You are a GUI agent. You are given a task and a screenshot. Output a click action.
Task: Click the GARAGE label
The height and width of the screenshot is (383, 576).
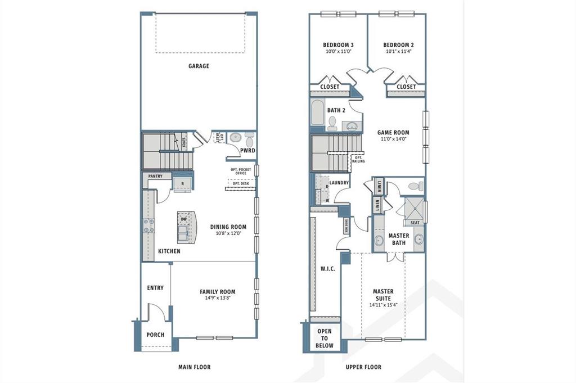pos(199,66)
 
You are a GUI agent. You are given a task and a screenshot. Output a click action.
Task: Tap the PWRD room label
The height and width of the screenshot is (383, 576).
pos(247,151)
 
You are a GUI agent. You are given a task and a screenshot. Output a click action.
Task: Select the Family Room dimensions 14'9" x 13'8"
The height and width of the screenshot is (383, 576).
pos(217,298)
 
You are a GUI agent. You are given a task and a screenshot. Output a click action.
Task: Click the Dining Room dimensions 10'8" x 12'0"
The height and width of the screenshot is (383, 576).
pos(228,233)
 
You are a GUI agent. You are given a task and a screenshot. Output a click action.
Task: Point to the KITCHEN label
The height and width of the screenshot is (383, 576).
pos(169,251)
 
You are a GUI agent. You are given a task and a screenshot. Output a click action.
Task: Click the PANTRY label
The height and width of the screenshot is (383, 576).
pos(155,176)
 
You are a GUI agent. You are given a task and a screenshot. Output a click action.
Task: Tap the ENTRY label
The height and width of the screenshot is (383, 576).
pos(155,288)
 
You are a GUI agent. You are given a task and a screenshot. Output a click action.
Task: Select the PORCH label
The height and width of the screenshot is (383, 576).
pos(155,335)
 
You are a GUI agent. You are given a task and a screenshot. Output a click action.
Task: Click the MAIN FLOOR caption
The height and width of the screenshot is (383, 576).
pos(194,367)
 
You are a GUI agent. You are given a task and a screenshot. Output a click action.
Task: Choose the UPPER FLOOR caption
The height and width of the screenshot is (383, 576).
pos(363,367)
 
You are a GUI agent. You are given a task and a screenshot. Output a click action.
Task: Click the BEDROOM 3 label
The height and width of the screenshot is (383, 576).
pos(338,45)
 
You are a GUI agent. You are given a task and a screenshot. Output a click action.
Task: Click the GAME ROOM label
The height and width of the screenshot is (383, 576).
pos(393,133)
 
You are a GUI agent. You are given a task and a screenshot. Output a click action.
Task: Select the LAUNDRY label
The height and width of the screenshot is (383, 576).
pos(339,183)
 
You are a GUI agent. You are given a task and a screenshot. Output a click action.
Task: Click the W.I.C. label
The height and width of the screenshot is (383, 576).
pos(327,269)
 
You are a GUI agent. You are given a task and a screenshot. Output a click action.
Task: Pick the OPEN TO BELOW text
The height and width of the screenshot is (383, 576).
pos(325,338)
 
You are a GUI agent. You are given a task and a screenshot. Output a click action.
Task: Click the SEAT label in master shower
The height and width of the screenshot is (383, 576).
pos(415,222)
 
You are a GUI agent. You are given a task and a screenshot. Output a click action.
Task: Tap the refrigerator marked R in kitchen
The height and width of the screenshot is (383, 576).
pos(182,184)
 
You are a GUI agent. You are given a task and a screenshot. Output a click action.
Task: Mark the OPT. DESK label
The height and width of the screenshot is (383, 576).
pos(240,183)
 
